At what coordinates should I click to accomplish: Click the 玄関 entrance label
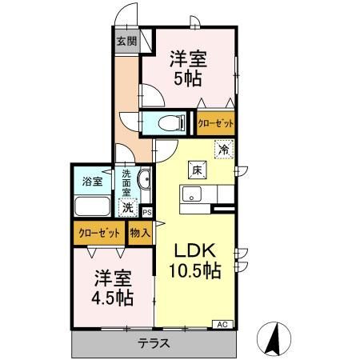[126, 42]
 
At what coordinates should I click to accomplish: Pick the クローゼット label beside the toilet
[215, 124]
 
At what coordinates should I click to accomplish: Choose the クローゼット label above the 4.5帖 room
[99, 234]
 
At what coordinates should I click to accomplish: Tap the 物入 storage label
[140, 234]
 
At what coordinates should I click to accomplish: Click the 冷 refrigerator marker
[224, 149]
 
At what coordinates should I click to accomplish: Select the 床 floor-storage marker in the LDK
[197, 169]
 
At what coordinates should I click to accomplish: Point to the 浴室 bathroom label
[93, 181]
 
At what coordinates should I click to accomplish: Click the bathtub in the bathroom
[94, 206]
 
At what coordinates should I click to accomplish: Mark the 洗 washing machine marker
[127, 207]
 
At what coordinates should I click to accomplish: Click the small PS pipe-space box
[146, 211]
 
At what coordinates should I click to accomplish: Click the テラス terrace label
[153, 344]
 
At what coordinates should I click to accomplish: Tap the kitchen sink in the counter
[192, 194]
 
